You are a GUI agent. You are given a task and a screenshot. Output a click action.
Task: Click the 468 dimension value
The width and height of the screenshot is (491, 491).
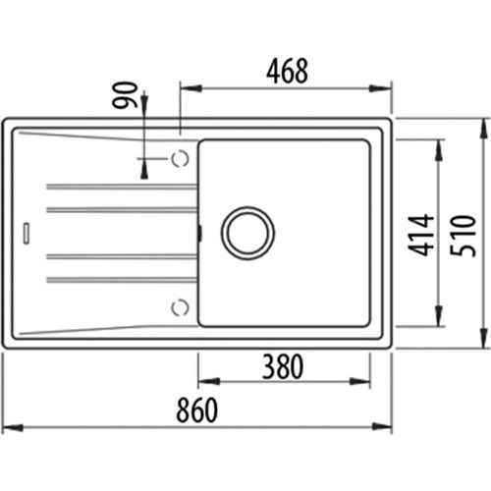[287, 71]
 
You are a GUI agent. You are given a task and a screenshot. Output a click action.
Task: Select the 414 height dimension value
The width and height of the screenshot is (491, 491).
[420, 236]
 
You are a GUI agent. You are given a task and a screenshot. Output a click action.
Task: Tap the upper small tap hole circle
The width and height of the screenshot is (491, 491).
[180, 158]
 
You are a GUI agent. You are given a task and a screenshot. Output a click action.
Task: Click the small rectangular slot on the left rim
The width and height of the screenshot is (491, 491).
[26, 234]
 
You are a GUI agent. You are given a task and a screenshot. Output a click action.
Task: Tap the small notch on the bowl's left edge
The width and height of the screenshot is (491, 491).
[198, 234]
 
